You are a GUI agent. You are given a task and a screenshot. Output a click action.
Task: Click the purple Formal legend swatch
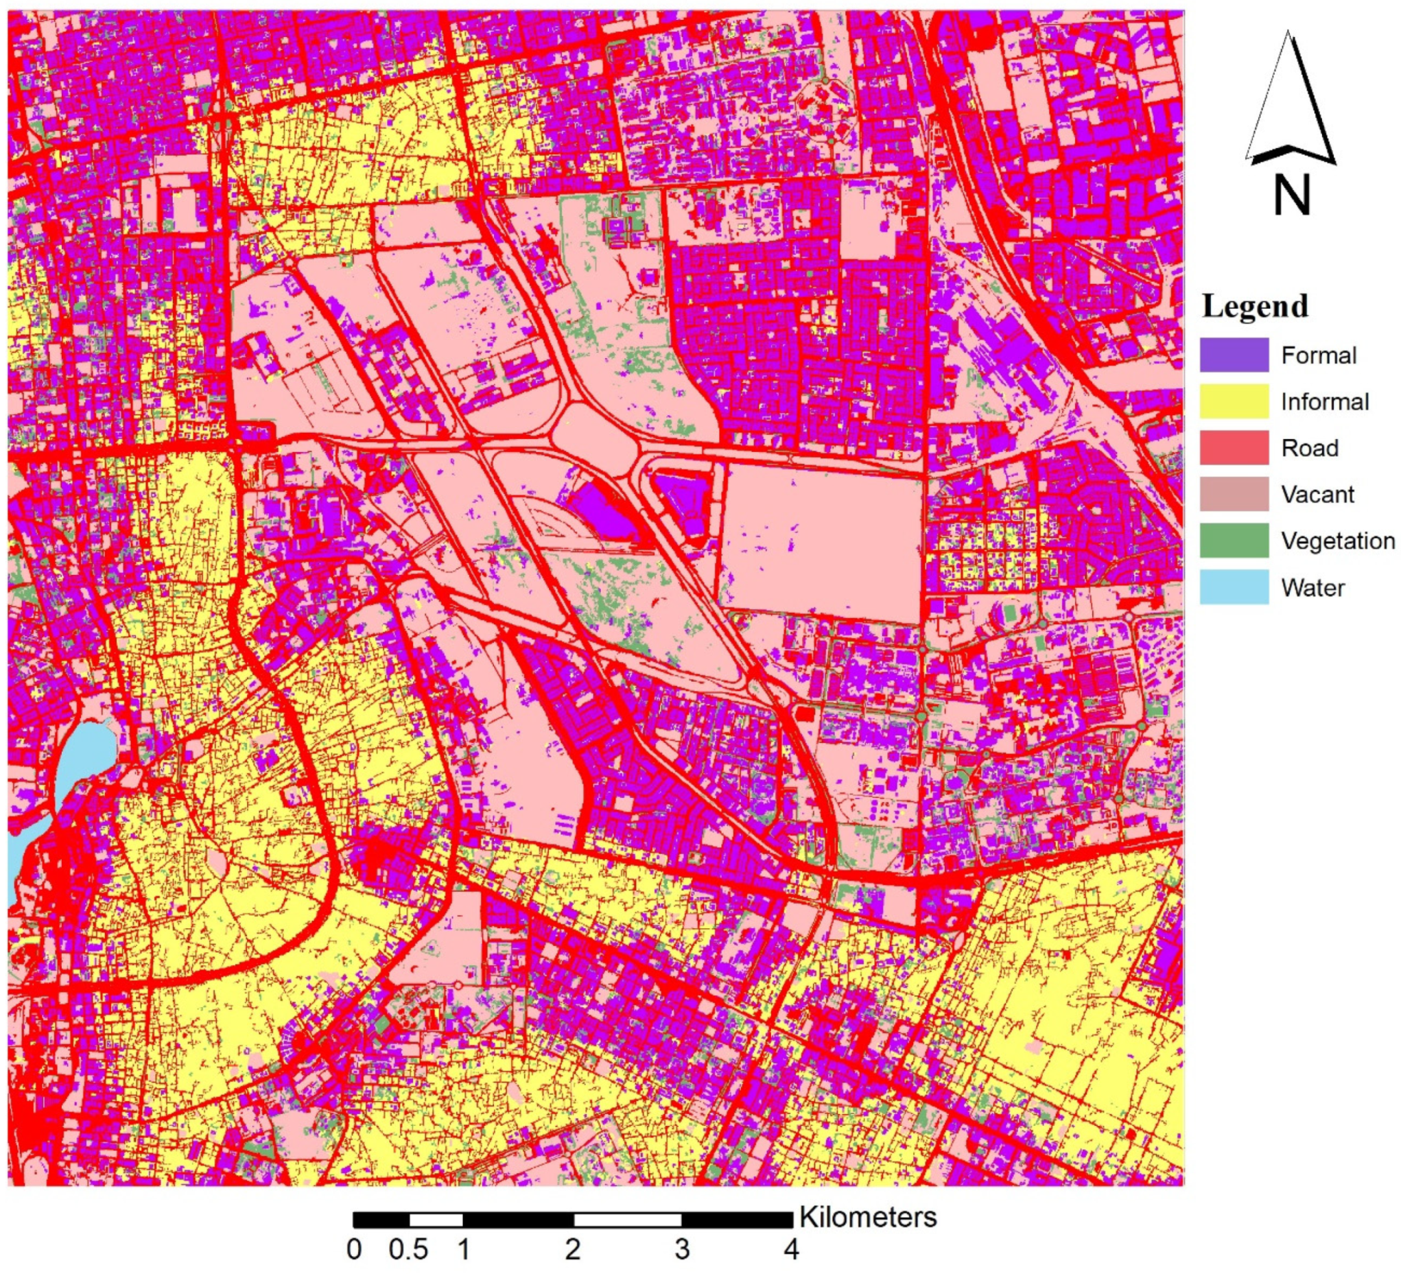pyautogui.click(x=1234, y=355)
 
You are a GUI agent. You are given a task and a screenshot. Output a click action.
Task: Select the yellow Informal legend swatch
pyautogui.click(x=1234, y=402)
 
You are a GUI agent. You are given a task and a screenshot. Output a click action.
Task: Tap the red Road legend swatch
pyautogui.click(x=1234, y=447)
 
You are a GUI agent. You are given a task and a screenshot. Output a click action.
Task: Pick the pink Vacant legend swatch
pyautogui.click(x=1234, y=494)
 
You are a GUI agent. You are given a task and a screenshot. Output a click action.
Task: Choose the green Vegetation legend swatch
pyautogui.click(x=1234, y=541)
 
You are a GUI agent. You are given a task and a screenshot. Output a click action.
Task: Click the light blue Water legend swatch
pyautogui.click(x=1234, y=587)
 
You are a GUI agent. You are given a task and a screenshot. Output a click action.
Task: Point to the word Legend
pyautogui.click(x=1255, y=307)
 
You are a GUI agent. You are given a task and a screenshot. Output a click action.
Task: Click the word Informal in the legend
pyautogui.click(x=1325, y=402)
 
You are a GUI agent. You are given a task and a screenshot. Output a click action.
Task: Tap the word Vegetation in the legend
pyautogui.click(x=1337, y=541)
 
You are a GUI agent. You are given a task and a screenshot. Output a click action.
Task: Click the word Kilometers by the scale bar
pyautogui.click(x=868, y=1218)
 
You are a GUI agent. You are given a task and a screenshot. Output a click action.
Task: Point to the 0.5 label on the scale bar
pyautogui.click(x=409, y=1251)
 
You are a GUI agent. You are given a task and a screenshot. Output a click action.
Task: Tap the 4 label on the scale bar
pyautogui.click(x=791, y=1251)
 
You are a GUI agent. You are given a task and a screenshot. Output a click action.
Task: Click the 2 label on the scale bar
pyautogui.click(x=573, y=1251)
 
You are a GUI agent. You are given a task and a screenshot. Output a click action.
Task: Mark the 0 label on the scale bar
pyautogui.click(x=355, y=1251)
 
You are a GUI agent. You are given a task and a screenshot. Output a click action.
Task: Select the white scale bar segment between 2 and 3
pyautogui.click(x=628, y=1220)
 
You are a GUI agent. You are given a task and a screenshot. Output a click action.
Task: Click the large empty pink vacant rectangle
pyautogui.click(x=823, y=542)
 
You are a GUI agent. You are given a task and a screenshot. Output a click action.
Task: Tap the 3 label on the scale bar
pyautogui.click(x=682, y=1251)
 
